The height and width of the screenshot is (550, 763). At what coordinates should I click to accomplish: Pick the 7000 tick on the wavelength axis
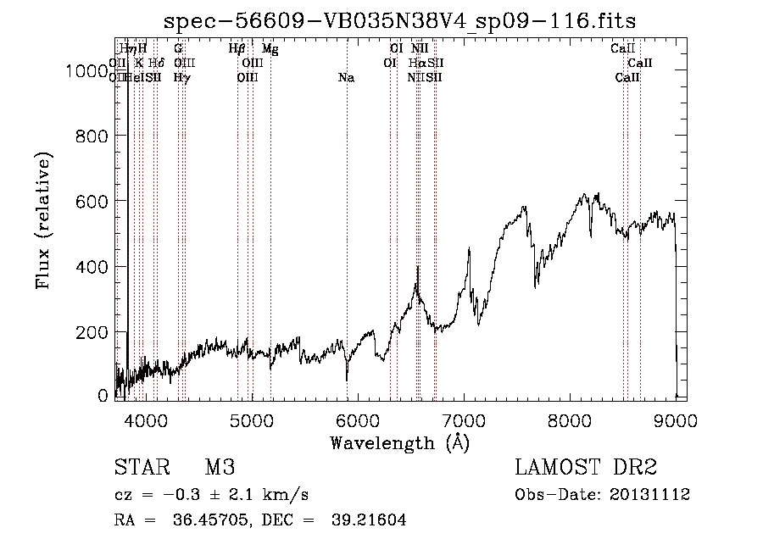tap(464, 418)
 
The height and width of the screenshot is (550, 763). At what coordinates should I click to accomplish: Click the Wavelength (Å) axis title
tap(399, 442)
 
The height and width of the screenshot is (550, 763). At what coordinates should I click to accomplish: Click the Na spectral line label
tap(346, 78)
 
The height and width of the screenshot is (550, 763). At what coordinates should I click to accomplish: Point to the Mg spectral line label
tap(270, 49)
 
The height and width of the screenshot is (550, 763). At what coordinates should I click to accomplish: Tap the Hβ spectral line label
tap(237, 49)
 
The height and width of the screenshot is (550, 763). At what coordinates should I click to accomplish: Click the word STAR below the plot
tap(139, 468)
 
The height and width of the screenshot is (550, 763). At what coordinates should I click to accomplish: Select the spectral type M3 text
tap(219, 468)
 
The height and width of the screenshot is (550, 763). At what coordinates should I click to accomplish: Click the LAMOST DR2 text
tap(585, 468)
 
